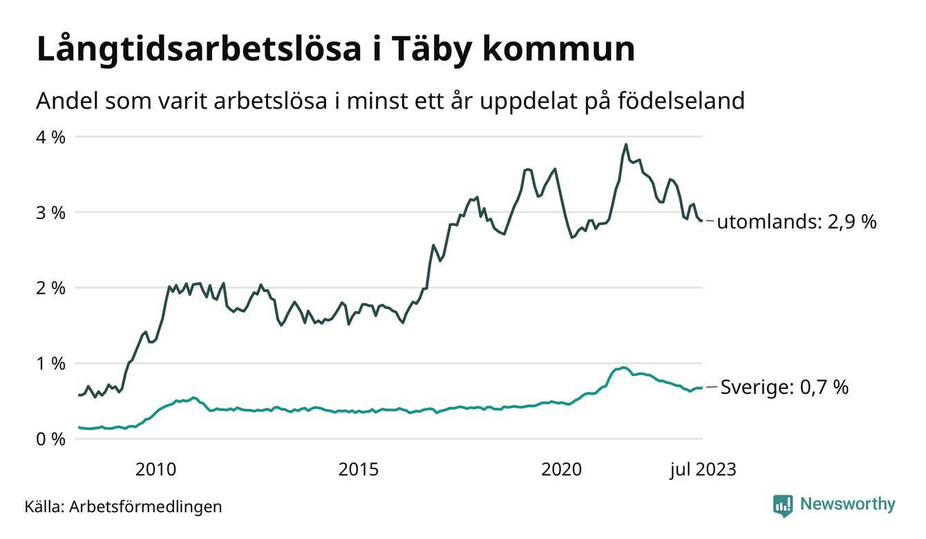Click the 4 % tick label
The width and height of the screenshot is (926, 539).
[51, 137]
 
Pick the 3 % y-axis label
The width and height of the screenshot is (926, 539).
[51, 212]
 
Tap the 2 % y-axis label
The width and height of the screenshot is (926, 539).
[51, 287]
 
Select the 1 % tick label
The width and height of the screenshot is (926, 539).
[51, 363]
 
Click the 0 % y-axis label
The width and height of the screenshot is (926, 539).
[51, 439]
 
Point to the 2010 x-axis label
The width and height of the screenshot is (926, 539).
[156, 471]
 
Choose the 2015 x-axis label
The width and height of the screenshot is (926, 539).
[359, 471]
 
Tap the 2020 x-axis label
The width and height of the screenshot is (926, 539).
[561, 471]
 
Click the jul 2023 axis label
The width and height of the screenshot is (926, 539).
[703, 471]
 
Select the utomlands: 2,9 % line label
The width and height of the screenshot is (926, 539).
[797, 223]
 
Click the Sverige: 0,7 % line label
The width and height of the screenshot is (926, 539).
[784, 388]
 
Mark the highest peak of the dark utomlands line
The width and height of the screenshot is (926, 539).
[625, 144]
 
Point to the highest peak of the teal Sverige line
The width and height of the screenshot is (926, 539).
[623, 368]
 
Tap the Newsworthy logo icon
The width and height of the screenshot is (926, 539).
[782, 505]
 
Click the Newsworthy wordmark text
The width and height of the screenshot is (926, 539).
[847, 504]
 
